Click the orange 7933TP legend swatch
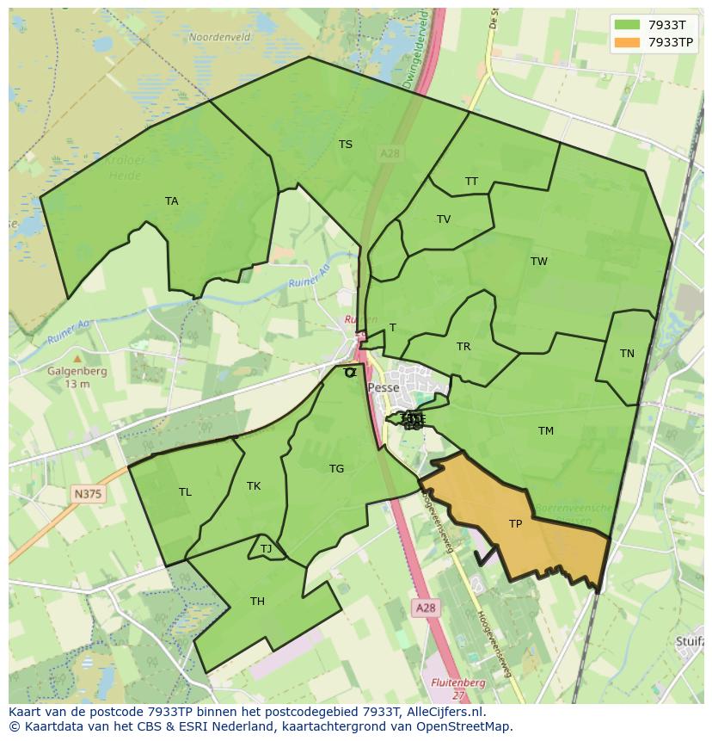point(628,42)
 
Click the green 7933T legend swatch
point(628,25)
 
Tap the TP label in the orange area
point(515,523)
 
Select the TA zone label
point(172,201)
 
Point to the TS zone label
point(346,145)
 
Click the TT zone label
point(471,182)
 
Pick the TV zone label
point(444,219)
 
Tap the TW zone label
point(539,262)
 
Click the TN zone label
point(627,354)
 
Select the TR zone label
point(463,347)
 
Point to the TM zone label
point(546,431)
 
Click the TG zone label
point(336,469)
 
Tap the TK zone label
point(254,486)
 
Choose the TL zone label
point(185,492)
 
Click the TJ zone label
point(266,549)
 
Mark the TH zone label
point(257,602)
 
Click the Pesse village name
point(384,388)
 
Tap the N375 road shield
point(87,493)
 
